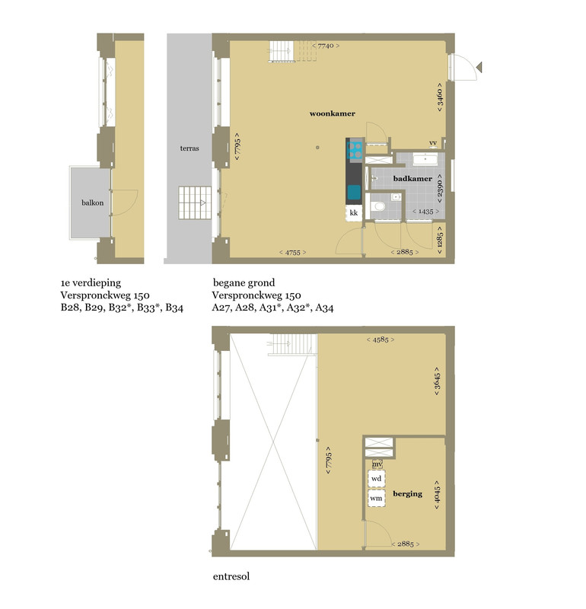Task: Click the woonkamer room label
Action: coord(332,113)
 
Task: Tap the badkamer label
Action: coord(412,179)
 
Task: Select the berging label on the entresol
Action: coord(407,493)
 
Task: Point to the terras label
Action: coord(189,148)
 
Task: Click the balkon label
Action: coord(92,202)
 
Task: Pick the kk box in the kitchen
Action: coord(354,213)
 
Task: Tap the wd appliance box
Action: coord(376,479)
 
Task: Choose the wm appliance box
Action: coord(376,498)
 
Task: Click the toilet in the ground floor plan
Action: coord(377,206)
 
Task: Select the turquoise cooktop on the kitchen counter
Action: coord(355,150)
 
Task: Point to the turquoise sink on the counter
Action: coord(354,193)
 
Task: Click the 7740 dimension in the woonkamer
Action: coord(326,46)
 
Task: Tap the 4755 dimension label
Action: coord(293,253)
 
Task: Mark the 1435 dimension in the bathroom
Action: coord(425,212)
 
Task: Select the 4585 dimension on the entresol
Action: coord(381,340)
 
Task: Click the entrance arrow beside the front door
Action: coord(479,67)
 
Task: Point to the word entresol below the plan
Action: coord(231,576)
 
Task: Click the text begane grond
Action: coord(244,282)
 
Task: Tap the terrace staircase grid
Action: coord(195,202)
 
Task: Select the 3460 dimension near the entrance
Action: coord(440,97)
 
